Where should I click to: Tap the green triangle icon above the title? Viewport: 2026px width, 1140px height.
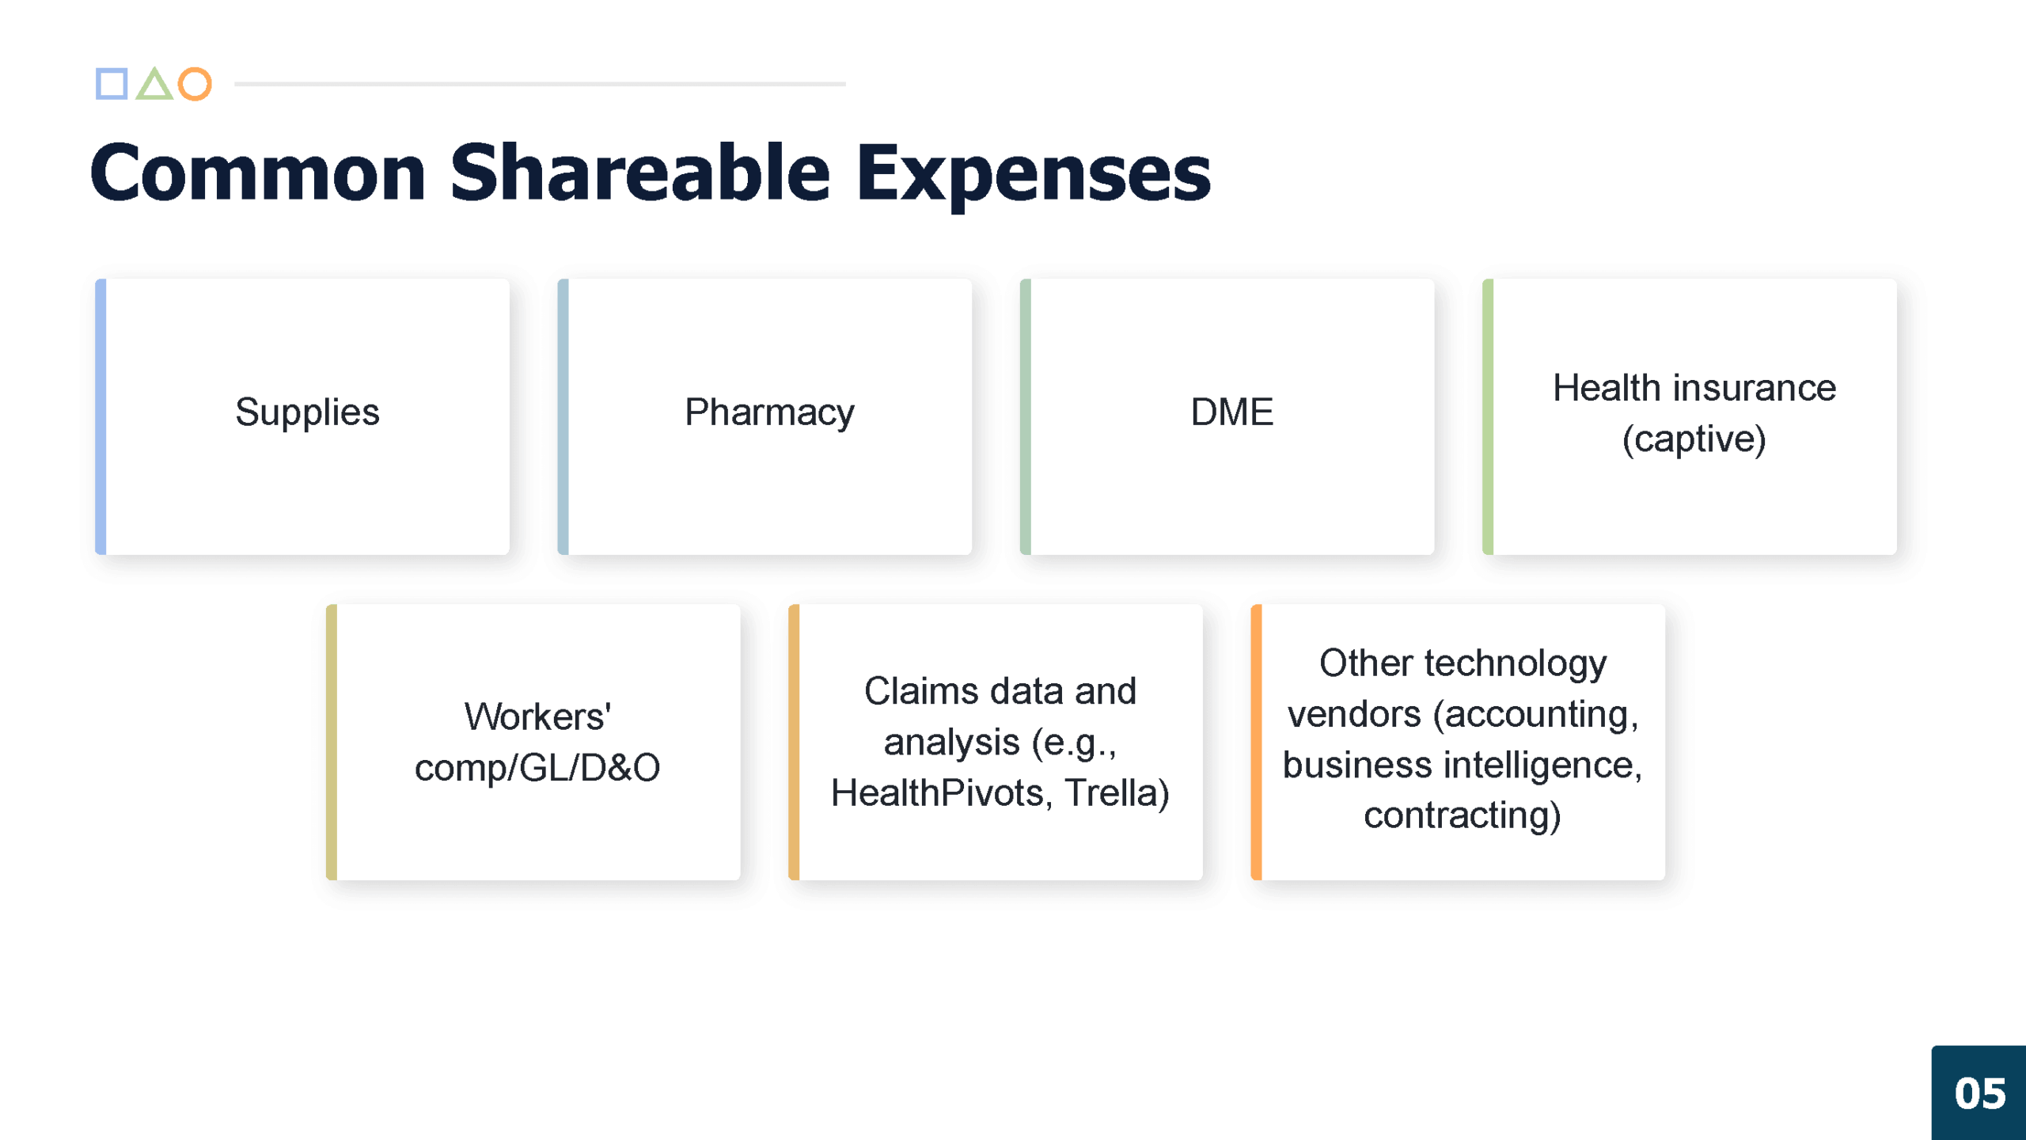pyautogui.click(x=154, y=84)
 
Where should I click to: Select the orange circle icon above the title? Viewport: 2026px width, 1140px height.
pyautogui.click(x=195, y=84)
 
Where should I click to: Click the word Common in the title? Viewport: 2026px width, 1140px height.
pyautogui.click(x=258, y=173)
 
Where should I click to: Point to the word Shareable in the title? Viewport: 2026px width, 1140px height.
pyautogui.click(x=640, y=172)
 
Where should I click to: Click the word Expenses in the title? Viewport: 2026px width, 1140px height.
pyautogui.click(x=1034, y=175)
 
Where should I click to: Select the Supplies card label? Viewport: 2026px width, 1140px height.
pyautogui.click(x=308, y=412)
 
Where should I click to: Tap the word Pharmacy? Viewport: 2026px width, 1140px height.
pyautogui.click(x=770, y=412)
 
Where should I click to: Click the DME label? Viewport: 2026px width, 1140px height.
pyautogui.click(x=1232, y=412)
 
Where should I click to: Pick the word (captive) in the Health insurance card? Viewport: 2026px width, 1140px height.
pyautogui.click(x=1694, y=439)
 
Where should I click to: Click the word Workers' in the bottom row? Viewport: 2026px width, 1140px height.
pyautogui.click(x=537, y=716)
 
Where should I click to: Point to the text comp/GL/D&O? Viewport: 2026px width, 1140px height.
pyautogui.click(x=537, y=768)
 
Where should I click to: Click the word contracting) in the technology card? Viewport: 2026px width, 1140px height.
pyautogui.click(x=1463, y=816)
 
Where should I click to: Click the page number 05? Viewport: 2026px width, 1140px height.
pyautogui.click(x=1980, y=1094)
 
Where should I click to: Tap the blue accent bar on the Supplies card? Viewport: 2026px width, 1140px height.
pyautogui.click(x=101, y=416)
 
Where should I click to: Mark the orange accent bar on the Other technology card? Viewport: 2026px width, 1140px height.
pyautogui.click(x=1256, y=742)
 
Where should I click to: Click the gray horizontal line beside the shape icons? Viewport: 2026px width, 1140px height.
pyautogui.click(x=540, y=84)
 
